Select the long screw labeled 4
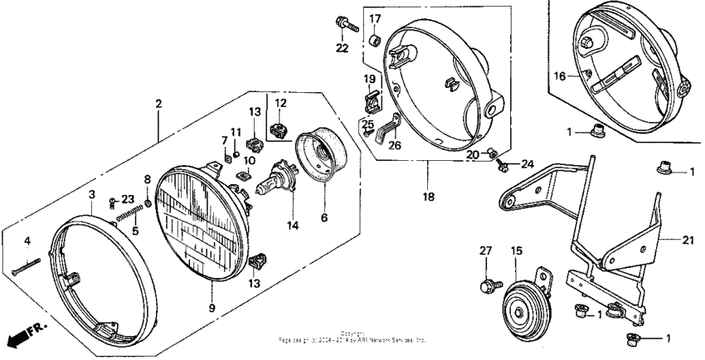(x=27, y=268)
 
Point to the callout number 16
(x=560, y=75)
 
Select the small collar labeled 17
(x=374, y=39)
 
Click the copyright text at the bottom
(x=352, y=337)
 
